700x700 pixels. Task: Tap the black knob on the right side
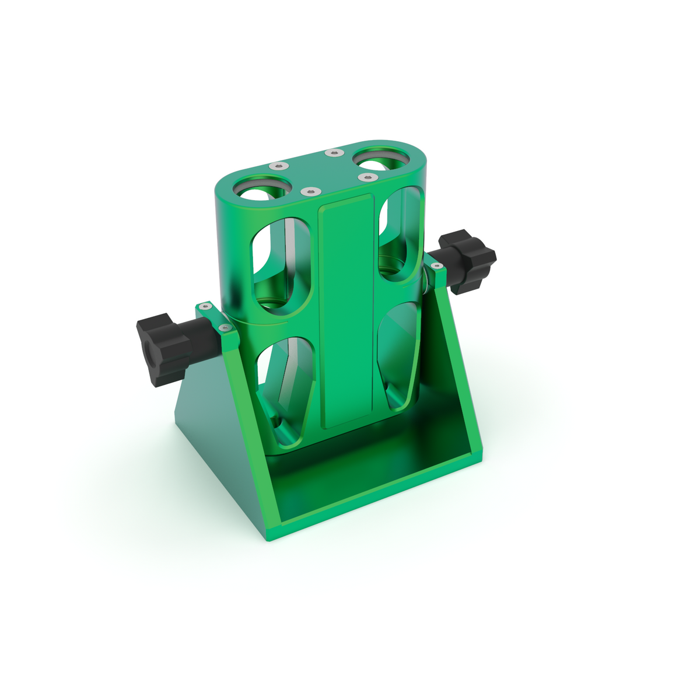coord(468,260)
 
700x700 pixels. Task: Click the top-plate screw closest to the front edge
coord(309,191)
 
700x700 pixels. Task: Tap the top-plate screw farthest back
coord(334,153)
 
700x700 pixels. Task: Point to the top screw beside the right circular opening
coord(366,176)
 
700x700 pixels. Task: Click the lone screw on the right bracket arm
coord(436,266)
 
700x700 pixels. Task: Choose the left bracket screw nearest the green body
coord(223,328)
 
